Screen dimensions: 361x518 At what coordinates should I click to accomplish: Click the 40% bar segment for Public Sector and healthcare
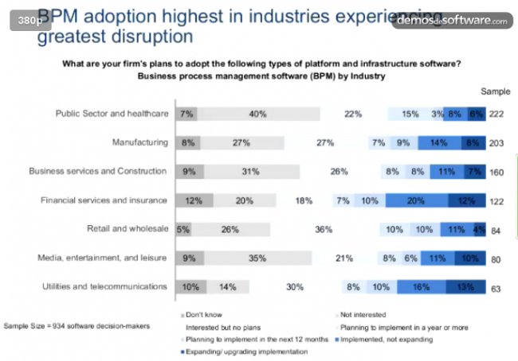257,114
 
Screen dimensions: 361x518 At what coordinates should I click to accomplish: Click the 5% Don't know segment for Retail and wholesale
182,229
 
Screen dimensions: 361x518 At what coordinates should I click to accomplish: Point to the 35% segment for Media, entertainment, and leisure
257,258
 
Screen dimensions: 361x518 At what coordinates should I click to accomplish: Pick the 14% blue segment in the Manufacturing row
438,143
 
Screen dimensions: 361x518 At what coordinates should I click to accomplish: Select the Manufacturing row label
140,143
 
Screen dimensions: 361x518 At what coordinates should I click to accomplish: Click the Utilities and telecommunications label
106,286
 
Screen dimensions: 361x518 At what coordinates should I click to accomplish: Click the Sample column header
494,91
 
